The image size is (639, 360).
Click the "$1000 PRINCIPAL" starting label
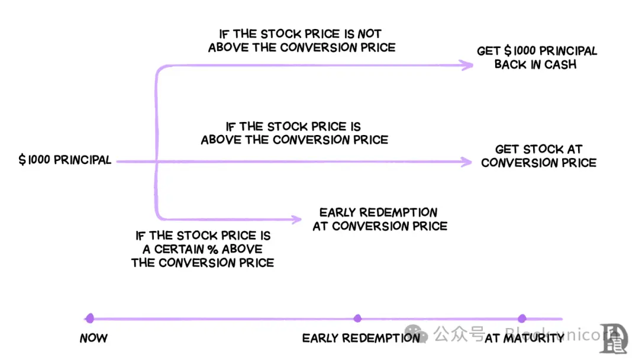pyautogui.click(x=65, y=160)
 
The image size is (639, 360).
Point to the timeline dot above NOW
pyautogui.click(x=89, y=319)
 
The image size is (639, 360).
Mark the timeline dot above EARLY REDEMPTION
pyautogui.click(x=357, y=319)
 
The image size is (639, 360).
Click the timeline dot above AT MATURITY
pyautogui.click(x=522, y=319)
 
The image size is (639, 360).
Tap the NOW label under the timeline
pyautogui.click(x=93, y=339)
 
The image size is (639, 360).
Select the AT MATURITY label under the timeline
pyautogui.click(x=524, y=339)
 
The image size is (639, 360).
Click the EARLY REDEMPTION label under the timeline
pyautogui.click(x=361, y=339)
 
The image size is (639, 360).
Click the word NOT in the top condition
pyautogui.click(x=369, y=34)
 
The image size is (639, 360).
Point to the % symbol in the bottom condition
pyautogui.click(x=212, y=249)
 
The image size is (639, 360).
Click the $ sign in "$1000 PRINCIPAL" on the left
pyautogui.click(x=22, y=160)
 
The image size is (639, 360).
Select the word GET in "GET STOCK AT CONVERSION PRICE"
pyautogui.click(x=506, y=149)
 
